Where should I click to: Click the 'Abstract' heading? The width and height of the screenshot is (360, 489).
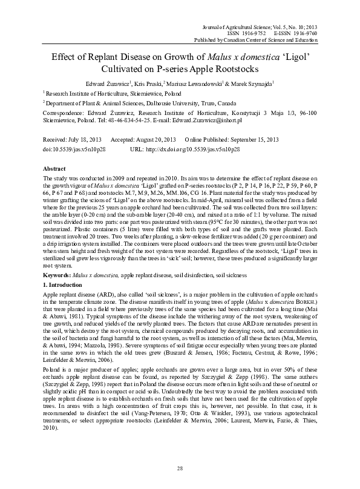[55, 168]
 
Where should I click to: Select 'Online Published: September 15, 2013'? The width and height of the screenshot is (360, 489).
[229, 139]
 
